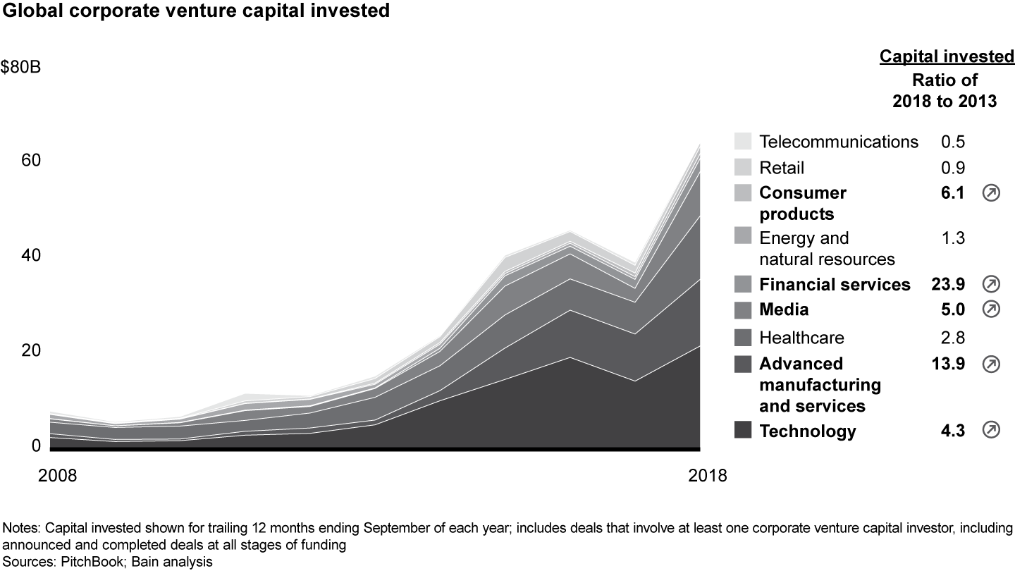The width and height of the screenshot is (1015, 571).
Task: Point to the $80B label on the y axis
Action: pyautogui.click(x=20, y=67)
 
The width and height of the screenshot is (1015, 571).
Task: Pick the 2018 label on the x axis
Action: pyautogui.click(x=707, y=475)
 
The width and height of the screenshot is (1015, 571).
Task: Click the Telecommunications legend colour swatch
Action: pyautogui.click(x=742, y=141)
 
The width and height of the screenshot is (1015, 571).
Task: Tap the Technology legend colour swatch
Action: pyautogui.click(x=742, y=431)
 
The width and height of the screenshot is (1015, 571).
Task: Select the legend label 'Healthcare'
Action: pyautogui.click(x=801, y=338)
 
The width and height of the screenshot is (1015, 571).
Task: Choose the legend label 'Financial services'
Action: pyautogui.click(x=835, y=284)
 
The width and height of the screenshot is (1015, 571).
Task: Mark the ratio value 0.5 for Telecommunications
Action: pyautogui.click(x=953, y=141)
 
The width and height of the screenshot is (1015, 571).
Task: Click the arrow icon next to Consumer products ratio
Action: pyautogui.click(x=990, y=193)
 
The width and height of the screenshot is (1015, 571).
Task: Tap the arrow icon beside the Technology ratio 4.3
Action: pyautogui.click(x=990, y=431)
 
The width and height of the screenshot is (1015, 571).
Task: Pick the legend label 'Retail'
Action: pyautogui.click(x=782, y=168)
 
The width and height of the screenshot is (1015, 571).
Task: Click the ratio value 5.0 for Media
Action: pyautogui.click(x=952, y=309)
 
